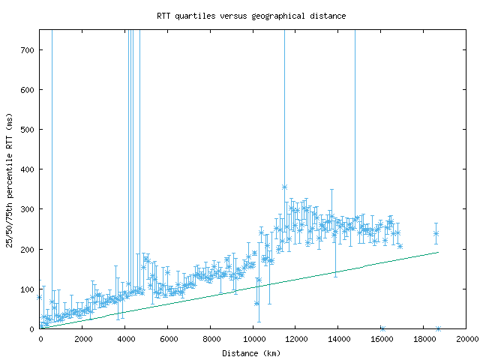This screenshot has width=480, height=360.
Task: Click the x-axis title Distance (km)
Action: (x=252, y=352)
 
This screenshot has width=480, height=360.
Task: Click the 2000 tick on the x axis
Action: (x=82, y=339)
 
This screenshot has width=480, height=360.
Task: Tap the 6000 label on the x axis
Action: (x=168, y=339)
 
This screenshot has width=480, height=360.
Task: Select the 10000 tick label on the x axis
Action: (x=253, y=339)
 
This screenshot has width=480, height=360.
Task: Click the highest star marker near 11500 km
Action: (x=284, y=187)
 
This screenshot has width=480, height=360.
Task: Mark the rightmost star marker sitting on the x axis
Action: (x=439, y=328)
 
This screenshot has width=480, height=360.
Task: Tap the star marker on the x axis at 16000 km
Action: (x=382, y=328)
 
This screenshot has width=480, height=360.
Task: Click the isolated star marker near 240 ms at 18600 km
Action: (x=436, y=233)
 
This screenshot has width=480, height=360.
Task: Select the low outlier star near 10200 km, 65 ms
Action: (x=257, y=303)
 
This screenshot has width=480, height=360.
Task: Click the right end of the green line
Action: (x=438, y=252)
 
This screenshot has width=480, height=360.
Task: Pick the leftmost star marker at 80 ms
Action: (x=40, y=297)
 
